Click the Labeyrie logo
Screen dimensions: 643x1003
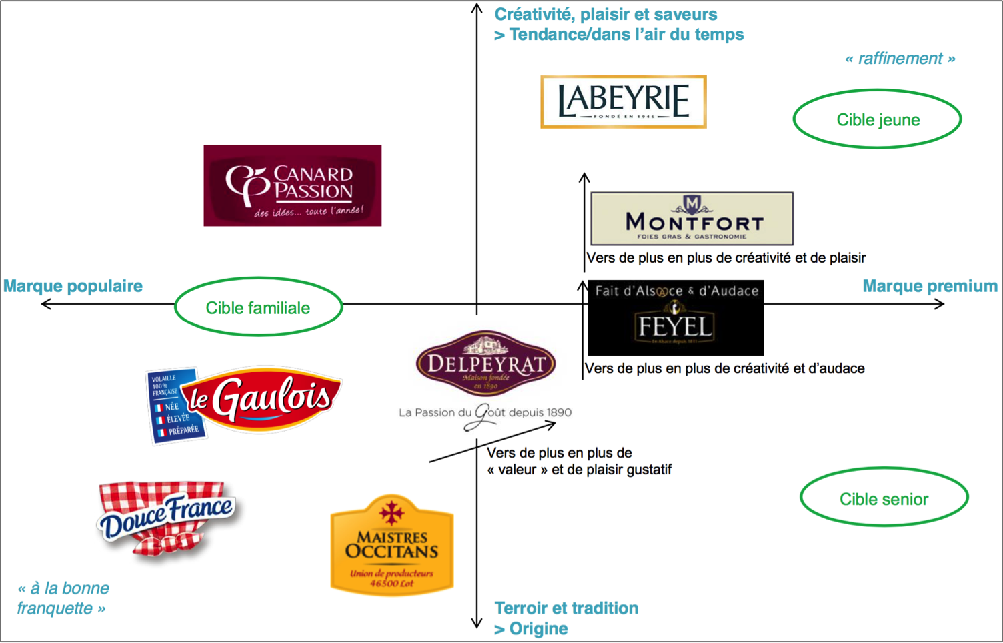click(623, 101)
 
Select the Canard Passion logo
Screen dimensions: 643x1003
click(292, 185)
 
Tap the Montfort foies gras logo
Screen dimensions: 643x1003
click(692, 219)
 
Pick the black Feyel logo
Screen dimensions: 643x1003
click(676, 318)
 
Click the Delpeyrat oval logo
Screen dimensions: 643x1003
click(485, 364)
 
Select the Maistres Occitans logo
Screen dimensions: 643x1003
click(392, 545)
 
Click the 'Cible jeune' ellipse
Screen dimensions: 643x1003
click(877, 119)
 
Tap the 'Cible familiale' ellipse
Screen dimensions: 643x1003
click(258, 307)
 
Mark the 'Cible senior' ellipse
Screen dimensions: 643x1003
click(884, 498)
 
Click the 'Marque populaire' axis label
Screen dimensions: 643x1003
click(73, 286)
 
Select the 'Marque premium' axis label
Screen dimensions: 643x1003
click(930, 286)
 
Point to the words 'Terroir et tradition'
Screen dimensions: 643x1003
click(566, 608)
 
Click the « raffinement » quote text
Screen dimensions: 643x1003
click(900, 59)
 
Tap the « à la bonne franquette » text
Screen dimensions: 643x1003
click(63, 598)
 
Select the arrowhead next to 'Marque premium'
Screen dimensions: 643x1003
click(939, 304)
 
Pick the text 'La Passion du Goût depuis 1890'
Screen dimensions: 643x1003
click(485, 413)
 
